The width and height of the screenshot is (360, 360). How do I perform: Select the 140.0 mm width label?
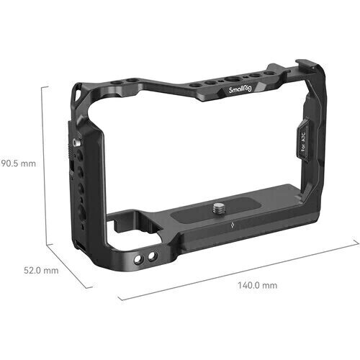tap(258, 286)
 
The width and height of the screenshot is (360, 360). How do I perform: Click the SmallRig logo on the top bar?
tap(240, 89)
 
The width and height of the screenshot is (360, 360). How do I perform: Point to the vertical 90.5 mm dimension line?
tap(48, 166)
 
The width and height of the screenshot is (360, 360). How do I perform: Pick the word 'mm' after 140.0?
tap(269, 286)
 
